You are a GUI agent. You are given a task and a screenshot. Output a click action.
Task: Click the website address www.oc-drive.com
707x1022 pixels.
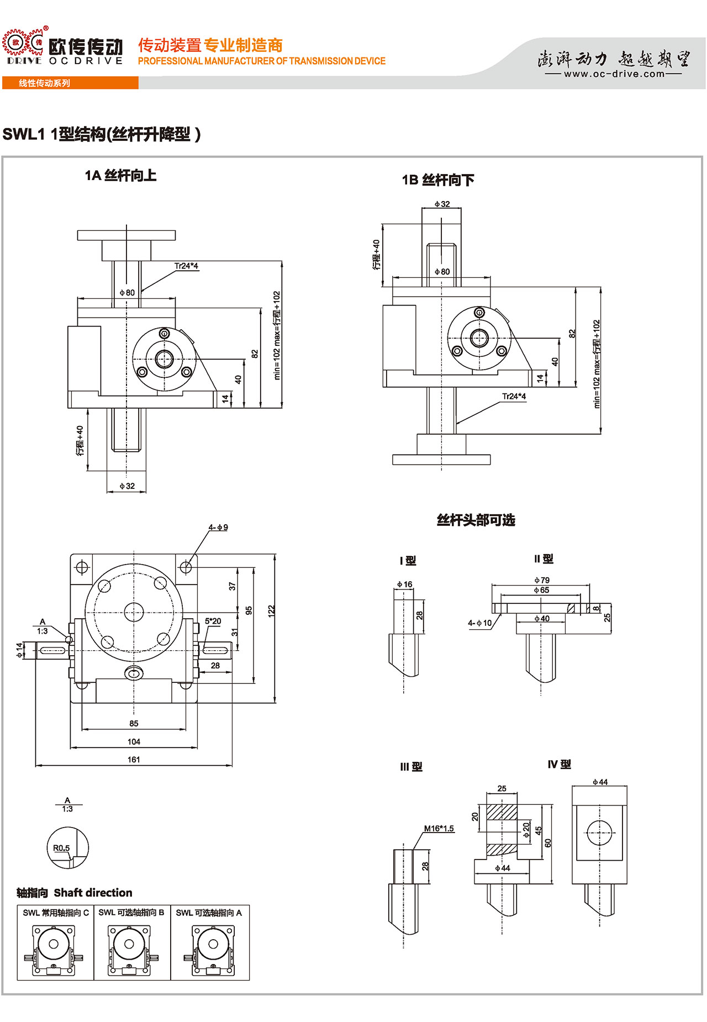click(614, 74)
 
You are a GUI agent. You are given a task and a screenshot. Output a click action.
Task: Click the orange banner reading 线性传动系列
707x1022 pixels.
click(44, 83)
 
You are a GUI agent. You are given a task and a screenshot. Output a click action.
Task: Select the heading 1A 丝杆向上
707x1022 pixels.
click(120, 176)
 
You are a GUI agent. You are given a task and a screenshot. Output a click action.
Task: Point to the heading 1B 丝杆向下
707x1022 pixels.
click(437, 180)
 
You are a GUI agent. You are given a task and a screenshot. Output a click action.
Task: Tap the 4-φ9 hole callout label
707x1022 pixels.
click(218, 528)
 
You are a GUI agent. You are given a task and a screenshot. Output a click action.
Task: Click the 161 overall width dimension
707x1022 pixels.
click(134, 760)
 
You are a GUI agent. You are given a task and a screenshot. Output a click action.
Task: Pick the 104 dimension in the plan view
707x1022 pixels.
click(134, 741)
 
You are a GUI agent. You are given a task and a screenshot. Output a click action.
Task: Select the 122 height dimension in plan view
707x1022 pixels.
click(271, 611)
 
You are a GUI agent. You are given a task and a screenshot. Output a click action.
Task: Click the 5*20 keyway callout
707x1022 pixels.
click(213, 621)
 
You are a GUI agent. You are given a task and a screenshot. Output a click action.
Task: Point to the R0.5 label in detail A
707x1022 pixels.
click(61, 848)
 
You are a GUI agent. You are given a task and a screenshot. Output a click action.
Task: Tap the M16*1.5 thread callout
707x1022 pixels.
click(439, 829)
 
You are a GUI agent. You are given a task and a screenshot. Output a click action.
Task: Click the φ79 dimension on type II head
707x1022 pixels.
click(541, 580)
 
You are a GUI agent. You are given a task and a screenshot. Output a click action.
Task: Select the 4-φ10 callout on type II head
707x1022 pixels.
click(479, 623)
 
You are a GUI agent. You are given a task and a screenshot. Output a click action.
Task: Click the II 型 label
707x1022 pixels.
click(544, 559)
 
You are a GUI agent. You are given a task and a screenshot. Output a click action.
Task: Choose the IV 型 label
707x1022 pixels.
click(559, 765)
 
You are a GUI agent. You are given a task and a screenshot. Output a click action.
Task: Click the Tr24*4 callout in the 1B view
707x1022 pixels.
click(514, 396)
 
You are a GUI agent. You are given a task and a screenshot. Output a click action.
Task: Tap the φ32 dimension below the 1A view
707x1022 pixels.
click(127, 486)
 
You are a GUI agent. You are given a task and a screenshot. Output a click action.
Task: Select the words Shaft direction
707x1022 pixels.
click(93, 893)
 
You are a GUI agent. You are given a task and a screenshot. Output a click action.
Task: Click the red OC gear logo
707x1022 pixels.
click(23, 44)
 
